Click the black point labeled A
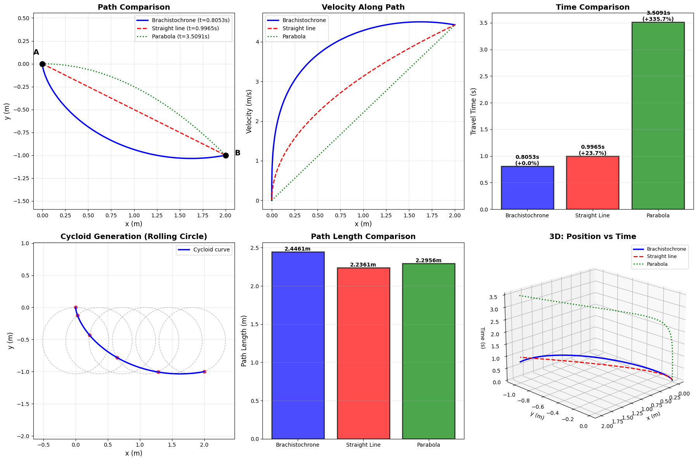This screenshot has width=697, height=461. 42,64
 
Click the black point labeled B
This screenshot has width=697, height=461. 226,155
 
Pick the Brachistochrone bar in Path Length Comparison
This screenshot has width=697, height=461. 298,345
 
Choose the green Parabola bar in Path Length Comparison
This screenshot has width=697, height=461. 428,351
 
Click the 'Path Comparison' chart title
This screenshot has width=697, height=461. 134,7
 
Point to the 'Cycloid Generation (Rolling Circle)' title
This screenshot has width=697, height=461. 134,237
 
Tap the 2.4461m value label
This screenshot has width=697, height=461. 297,249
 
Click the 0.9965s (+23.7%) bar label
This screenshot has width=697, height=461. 592,150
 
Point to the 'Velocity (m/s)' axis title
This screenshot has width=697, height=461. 249,111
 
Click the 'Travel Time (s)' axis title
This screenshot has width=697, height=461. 473,111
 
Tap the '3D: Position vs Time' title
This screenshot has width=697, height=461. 592,237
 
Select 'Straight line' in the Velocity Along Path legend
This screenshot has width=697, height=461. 299,28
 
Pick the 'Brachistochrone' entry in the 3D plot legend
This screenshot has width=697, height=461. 666,249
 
